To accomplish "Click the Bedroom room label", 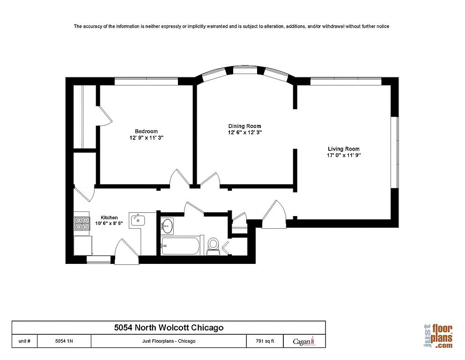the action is coord(146,131).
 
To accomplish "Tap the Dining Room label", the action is coord(244,126).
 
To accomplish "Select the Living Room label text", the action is coord(344,149).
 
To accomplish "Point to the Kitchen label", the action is coord(109,217).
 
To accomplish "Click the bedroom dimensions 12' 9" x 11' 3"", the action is coord(147,138).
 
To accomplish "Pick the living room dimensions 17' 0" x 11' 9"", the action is coord(344,155).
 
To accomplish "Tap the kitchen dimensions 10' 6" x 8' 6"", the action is coord(109,224).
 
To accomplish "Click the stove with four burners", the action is coord(82,223).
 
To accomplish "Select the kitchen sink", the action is coord(137,220).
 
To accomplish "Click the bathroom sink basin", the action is coord(167,226).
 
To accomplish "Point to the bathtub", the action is coord(182,246).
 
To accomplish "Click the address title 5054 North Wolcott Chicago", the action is coord(169,328).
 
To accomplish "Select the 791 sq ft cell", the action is coord(265,341).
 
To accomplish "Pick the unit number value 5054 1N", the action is coord(64,341).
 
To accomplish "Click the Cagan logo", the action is coord(304,341).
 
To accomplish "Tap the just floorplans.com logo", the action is coord(438,336).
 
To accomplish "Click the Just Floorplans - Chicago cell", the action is coord(169,341).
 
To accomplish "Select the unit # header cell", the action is coord(25,341).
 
